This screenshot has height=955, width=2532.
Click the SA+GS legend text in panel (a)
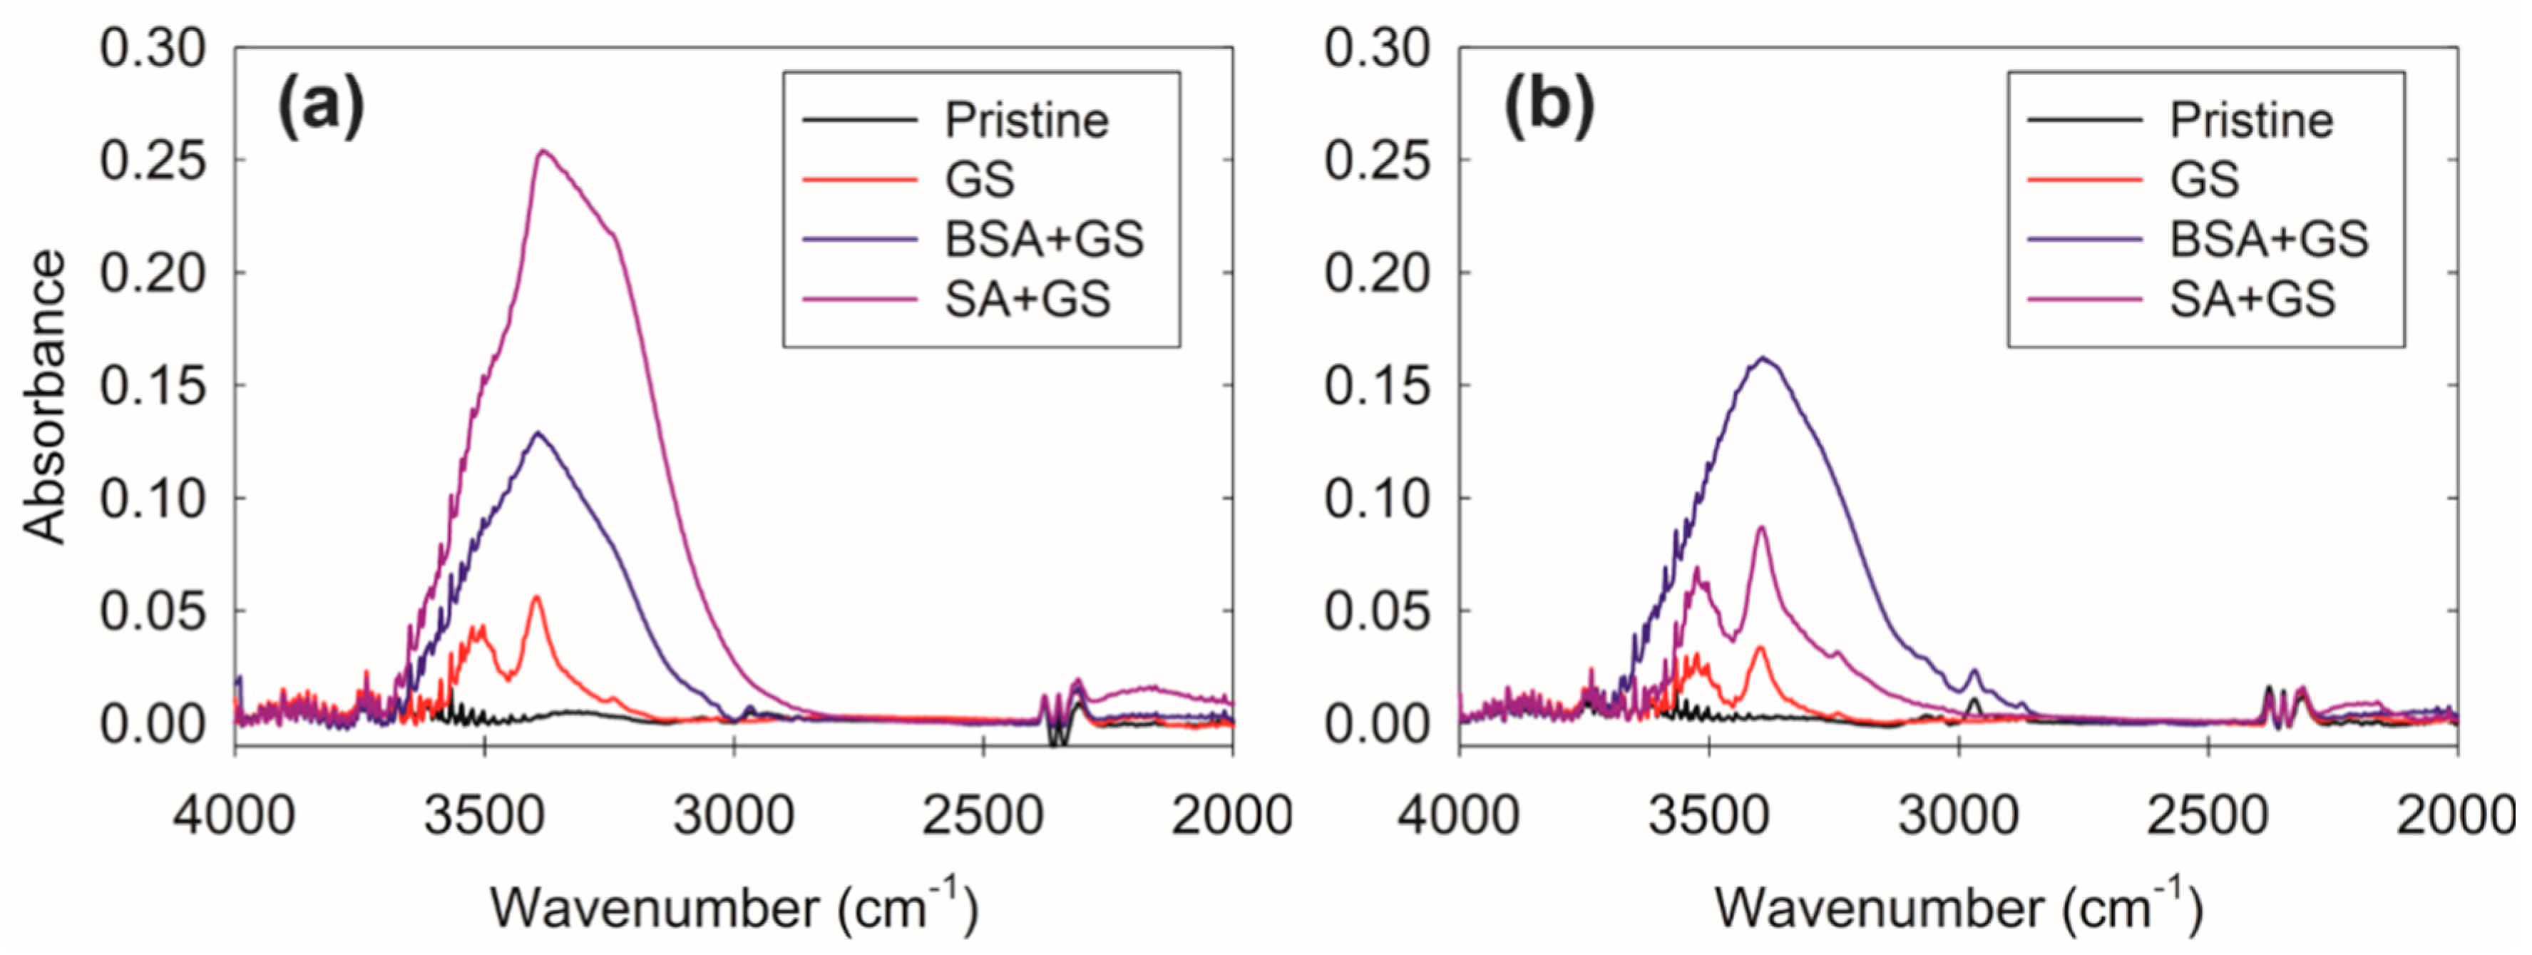(x=1027, y=299)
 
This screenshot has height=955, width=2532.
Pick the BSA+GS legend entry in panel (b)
(x=2269, y=239)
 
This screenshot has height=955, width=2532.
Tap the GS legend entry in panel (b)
(x=2204, y=180)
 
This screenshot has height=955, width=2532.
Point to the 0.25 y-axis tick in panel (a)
(x=153, y=161)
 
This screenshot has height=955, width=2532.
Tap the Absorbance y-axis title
(x=45, y=397)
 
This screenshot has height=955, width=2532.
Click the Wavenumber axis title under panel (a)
(x=733, y=906)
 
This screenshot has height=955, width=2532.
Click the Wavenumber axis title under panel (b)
(x=1958, y=906)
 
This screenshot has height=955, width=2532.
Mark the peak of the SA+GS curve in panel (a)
(x=543, y=150)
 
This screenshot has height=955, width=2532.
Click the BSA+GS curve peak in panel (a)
(x=538, y=433)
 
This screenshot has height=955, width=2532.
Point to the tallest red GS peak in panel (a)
(x=537, y=597)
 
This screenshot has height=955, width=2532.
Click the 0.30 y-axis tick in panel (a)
(x=153, y=49)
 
